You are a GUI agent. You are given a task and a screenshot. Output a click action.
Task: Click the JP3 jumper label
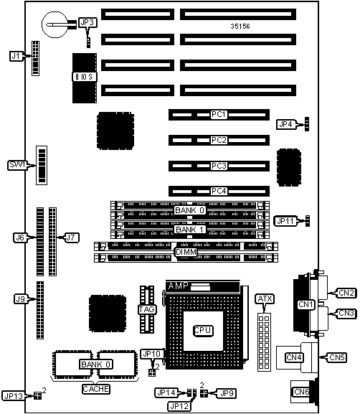tap(87, 23)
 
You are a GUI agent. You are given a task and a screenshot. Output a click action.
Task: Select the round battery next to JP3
tap(55, 24)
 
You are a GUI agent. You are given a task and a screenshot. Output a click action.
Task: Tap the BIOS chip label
tap(84, 77)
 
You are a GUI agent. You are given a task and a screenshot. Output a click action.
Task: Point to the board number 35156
tap(240, 26)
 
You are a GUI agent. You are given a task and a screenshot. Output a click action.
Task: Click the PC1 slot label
tap(219, 115)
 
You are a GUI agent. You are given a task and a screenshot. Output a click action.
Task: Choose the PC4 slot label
tap(219, 191)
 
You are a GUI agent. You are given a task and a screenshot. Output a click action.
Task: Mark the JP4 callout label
tap(286, 124)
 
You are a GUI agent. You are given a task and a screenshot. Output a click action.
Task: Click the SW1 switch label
tap(17, 165)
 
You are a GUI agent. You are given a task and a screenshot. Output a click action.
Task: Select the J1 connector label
tap(16, 56)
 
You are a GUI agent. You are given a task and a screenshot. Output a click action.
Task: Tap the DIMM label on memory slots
tap(186, 252)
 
